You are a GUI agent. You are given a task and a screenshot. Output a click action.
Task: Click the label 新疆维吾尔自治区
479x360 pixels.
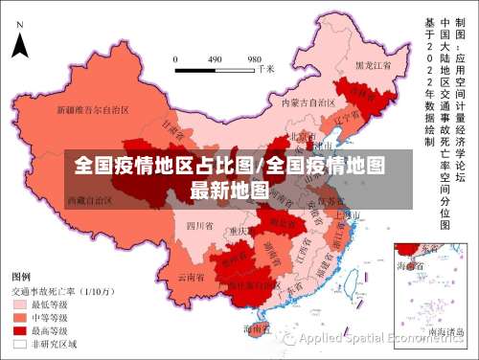pyautogui.click(x=93, y=109)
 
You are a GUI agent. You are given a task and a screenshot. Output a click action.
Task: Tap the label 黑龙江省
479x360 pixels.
pyautogui.click(x=374, y=65)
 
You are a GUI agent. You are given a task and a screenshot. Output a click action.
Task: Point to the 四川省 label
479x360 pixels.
pyautogui.click(x=199, y=226)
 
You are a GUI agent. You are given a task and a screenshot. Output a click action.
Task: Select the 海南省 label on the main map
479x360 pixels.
pyautogui.click(x=256, y=328)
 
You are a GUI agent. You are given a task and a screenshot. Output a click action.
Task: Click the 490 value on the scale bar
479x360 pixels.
pyautogui.click(x=215, y=58)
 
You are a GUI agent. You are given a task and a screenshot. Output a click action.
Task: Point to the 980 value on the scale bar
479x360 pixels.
pyautogui.click(x=255, y=58)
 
